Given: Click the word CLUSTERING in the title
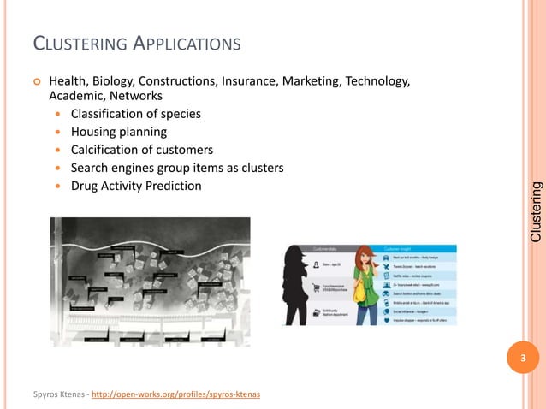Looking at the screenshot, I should click(x=73, y=44).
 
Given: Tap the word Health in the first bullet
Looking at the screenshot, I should click(x=68, y=81).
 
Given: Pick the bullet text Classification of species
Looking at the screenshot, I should click(x=138, y=115).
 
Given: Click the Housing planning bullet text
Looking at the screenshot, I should click(x=119, y=133).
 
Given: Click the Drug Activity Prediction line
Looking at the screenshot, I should click(x=136, y=186).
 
